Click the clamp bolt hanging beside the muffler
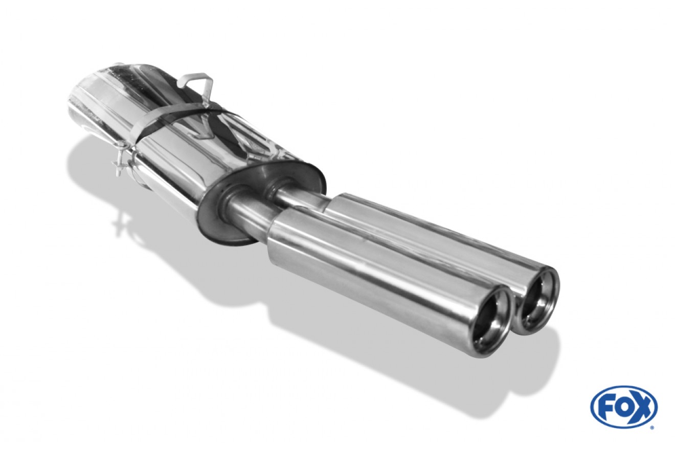coord(121,167)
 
